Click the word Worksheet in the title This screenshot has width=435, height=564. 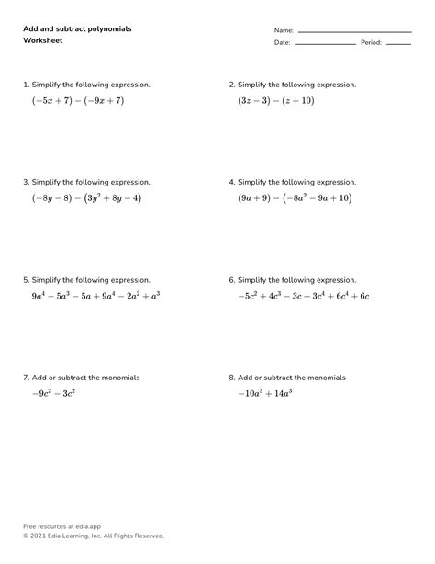[41, 41]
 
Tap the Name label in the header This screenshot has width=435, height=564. [283, 30]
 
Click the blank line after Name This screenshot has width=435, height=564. [354, 32]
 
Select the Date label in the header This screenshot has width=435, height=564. [282, 43]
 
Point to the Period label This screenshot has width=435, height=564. [371, 43]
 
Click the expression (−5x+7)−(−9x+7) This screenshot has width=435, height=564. [77, 100]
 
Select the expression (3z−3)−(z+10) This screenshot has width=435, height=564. [275, 100]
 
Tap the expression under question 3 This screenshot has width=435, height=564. [86, 197]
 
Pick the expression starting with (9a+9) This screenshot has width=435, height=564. [294, 197]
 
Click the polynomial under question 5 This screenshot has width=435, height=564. [95, 296]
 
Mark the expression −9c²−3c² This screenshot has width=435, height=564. [53, 393]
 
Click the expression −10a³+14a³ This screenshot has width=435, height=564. [264, 393]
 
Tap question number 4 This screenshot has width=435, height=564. [232, 182]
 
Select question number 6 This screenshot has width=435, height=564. [232, 280]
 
